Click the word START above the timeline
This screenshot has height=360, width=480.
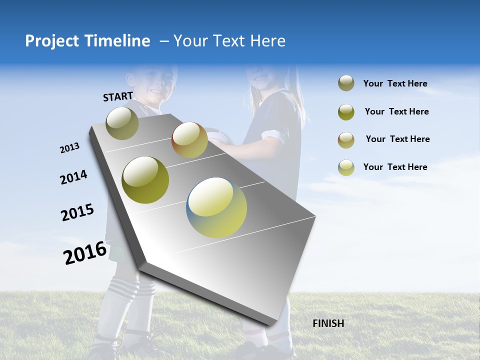pos(118,96)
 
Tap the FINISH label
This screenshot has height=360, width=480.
pos(328,323)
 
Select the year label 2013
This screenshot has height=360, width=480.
pos(69,148)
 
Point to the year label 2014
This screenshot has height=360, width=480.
pos(73,177)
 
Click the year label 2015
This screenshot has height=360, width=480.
pos(77,212)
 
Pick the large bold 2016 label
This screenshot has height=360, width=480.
pos(85,252)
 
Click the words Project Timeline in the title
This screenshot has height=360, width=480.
pos(87,41)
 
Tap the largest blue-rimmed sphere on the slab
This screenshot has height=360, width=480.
pos(216,207)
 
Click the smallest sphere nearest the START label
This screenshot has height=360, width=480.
pos(122,123)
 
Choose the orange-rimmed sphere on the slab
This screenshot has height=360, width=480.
pos(189,140)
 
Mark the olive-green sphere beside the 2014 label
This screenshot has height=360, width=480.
pos(145,179)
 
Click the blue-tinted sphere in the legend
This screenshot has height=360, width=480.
pos(346,167)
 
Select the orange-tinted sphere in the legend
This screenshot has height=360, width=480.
pos(346,140)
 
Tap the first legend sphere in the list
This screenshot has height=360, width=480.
pos(346,83)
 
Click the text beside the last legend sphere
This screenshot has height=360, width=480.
pos(395,167)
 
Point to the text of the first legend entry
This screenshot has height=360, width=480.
pos(395,83)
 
